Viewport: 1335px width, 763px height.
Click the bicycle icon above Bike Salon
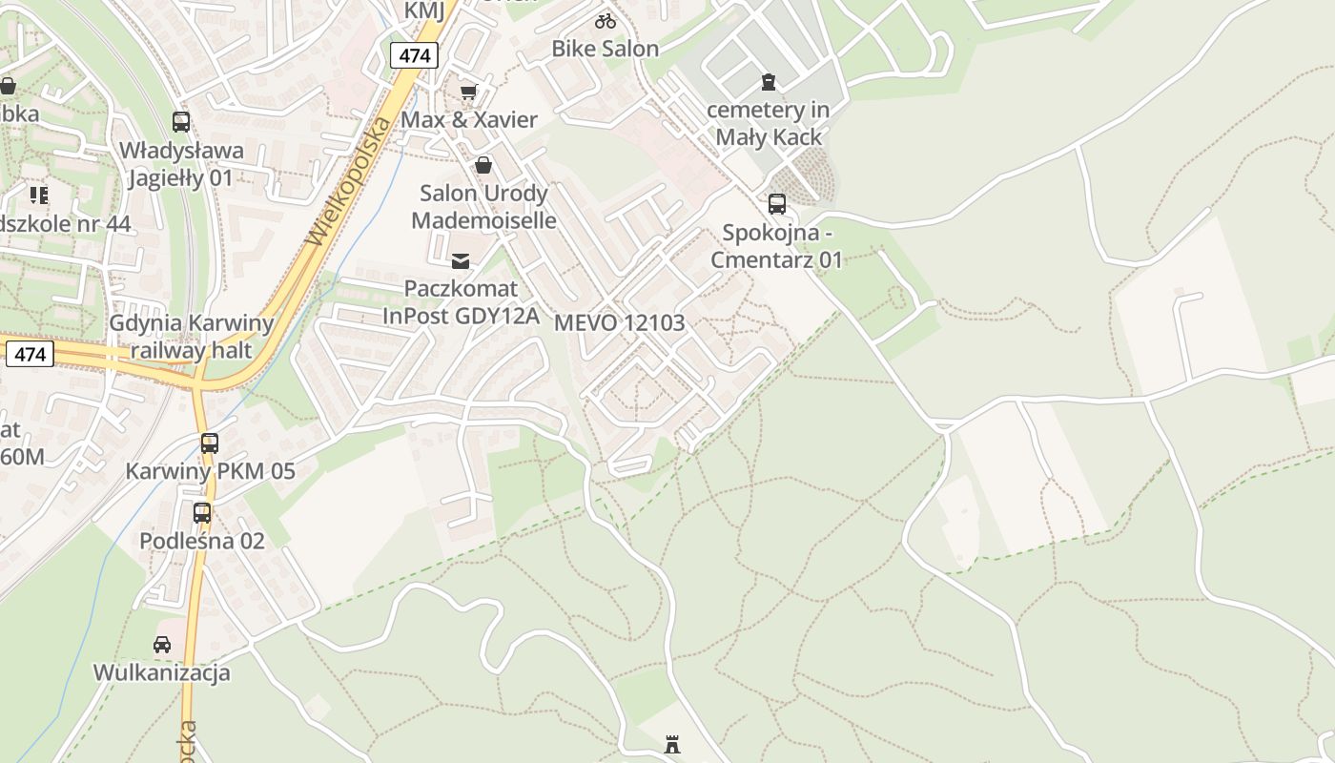(606, 20)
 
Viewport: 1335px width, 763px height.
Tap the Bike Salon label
(606, 49)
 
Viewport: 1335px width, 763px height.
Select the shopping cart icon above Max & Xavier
(467, 93)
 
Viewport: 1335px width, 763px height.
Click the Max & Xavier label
(469, 120)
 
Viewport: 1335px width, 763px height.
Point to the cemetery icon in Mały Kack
(769, 82)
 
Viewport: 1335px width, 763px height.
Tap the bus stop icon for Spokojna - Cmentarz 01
(777, 203)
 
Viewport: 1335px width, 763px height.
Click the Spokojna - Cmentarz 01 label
(777, 246)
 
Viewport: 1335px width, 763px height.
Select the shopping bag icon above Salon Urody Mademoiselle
(483, 165)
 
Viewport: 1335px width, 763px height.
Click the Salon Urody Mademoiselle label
(483, 207)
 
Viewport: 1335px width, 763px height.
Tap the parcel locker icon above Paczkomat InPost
(461, 260)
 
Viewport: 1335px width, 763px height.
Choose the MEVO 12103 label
(620, 322)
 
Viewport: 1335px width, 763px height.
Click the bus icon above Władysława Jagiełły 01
(181, 121)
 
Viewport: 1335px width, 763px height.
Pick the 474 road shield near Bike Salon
(414, 55)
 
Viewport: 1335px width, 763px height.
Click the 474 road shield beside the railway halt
(31, 354)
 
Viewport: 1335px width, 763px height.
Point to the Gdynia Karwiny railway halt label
(192, 337)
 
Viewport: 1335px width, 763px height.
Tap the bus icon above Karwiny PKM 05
(210, 443)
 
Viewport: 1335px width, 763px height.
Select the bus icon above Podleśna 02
(202, 513)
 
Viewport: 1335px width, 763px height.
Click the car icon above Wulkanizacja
(162, 645)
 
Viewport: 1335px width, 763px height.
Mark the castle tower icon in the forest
(672, 744)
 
